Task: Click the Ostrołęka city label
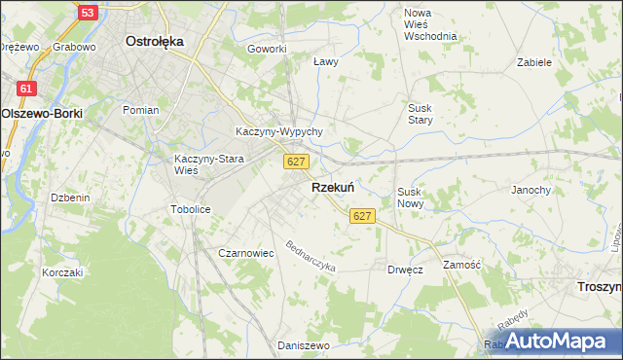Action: pos(156,42)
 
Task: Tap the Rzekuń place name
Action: pos(332,188)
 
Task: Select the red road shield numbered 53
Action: pos(88,13)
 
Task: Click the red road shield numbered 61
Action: pos(26,89)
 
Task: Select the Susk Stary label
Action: pos(421,114)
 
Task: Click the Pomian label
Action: pos(140,110)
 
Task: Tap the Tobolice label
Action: pos(190,209)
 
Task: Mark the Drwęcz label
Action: pos(404,269)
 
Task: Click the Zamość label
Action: pos(461,265)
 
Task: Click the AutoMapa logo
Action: pos(551,341)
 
